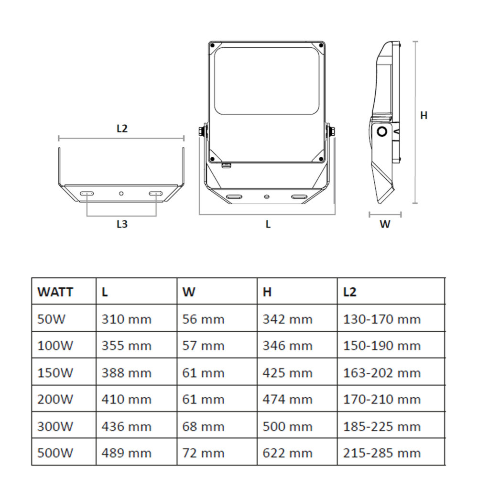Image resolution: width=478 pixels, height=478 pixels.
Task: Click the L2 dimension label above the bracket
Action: point(122,129)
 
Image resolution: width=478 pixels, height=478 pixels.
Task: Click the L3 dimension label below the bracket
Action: point(122,224)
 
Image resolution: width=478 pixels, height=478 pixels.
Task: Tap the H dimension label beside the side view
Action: point(424,116)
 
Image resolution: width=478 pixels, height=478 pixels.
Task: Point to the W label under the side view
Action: point(385,224)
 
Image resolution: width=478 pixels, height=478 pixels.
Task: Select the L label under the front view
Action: point(268,224)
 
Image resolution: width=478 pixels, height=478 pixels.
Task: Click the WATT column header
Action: point(55,292)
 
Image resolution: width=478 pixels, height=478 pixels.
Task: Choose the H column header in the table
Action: point(267,292)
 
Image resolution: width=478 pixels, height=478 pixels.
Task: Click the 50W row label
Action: point(52,319)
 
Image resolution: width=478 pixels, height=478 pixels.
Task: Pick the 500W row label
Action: point(55,453)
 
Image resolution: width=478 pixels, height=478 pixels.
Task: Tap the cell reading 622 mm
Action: point(287,453)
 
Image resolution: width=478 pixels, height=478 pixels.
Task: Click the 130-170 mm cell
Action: point(382,319)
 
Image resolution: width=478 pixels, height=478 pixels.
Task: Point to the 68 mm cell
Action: point(203,426)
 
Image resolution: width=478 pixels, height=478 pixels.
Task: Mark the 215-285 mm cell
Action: point(382,453)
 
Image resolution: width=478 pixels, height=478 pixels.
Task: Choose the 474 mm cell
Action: point(287,399)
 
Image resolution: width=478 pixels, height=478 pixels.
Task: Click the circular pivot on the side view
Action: point(382,132)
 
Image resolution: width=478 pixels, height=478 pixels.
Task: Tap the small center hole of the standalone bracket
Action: point(121,193)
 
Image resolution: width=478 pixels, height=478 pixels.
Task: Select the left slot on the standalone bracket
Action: point(87,193)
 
